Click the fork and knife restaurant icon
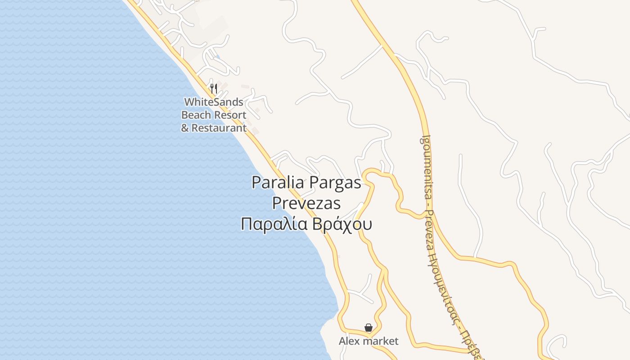point(214,88)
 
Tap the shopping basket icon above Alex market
point(369,328)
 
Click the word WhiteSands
point(214,102)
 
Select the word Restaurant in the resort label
point(219,128)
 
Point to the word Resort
point(229,115)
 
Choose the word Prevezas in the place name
point(306,203)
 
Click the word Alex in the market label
point(350,342)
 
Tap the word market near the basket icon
point(380,342)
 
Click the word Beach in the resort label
point(196,115)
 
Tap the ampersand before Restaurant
point(185,128)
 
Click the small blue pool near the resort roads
point(218,57)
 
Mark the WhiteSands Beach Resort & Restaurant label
point(214,115)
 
